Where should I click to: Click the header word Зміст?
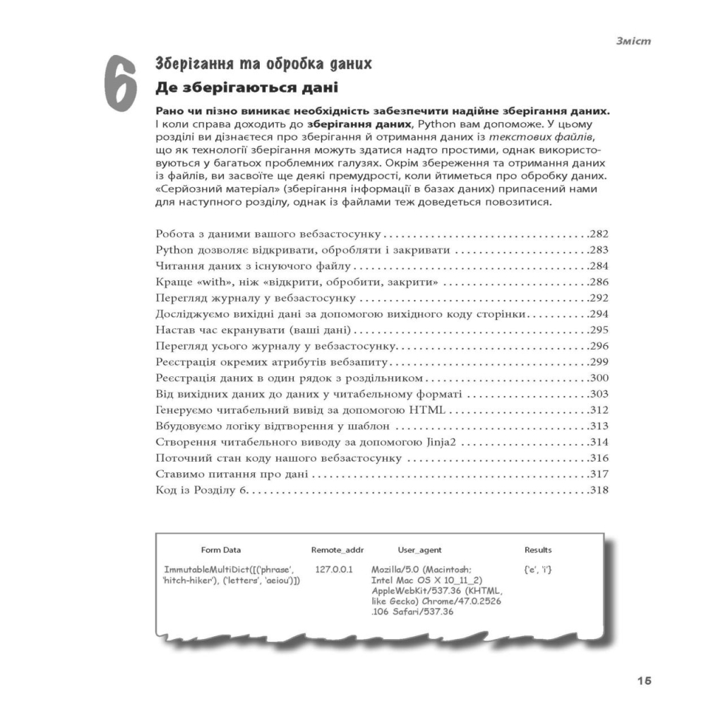pos(632,41)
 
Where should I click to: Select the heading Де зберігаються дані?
pos(246,89)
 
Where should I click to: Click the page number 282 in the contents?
pos(598,234)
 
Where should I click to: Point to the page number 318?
pos(598,490)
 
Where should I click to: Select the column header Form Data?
pos(220,550)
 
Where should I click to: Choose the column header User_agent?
pos(419,550)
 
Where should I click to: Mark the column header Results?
pos(538,550)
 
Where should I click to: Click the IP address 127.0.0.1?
pos(335,569)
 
